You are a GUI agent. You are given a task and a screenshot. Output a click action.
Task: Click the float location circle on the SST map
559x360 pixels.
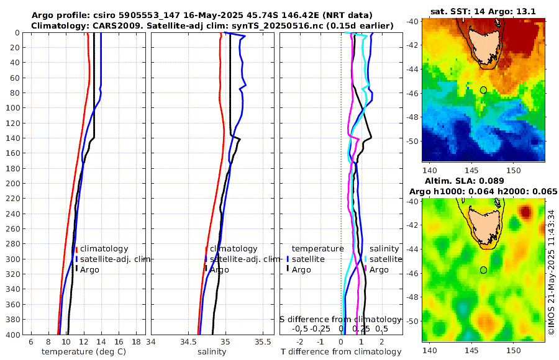point(483,90)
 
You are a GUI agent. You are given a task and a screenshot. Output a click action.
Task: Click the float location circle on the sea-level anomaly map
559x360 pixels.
point(483,270)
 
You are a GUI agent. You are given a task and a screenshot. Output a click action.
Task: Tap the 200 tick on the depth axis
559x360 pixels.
point(18,184)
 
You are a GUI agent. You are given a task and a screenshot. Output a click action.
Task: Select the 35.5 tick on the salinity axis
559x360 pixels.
point(264,343)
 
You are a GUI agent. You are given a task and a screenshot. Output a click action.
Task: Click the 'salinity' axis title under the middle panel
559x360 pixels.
point(211,352)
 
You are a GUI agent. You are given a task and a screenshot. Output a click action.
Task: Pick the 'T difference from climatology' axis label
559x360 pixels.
point(340,352)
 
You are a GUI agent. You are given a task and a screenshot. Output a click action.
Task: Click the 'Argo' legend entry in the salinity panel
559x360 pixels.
point(219,269)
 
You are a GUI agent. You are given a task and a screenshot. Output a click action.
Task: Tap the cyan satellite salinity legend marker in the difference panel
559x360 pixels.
point(366,259)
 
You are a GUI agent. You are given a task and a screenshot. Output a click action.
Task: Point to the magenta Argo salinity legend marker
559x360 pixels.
point(366,269)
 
